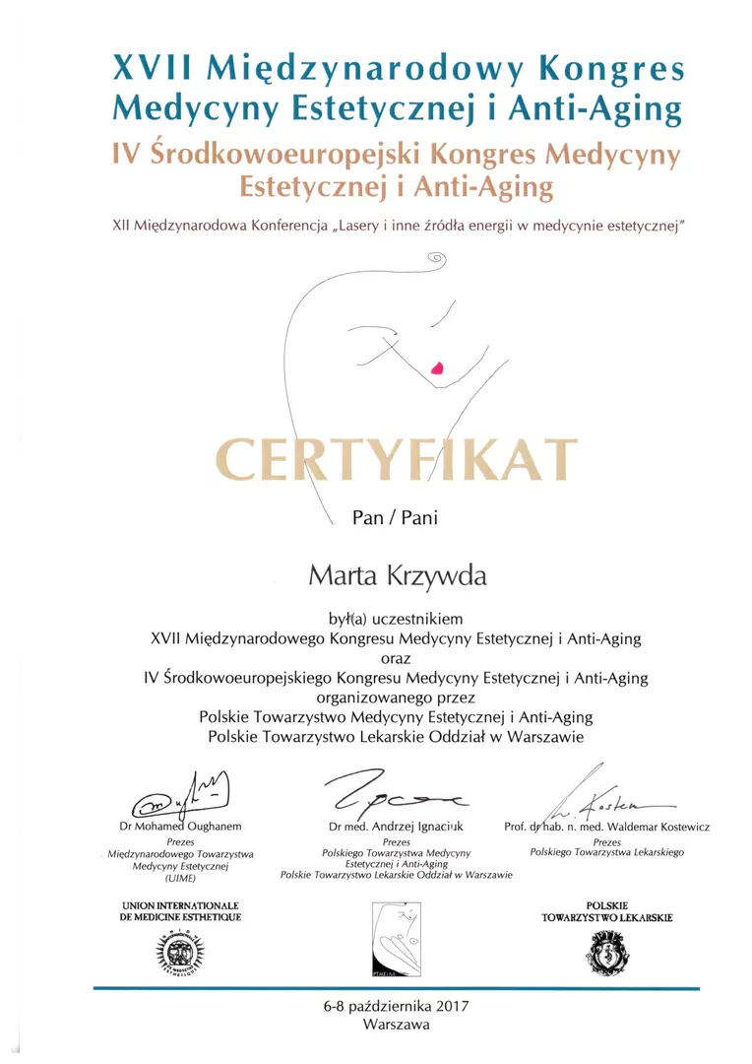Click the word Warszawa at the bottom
point(396,1025)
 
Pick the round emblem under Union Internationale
point(182,950)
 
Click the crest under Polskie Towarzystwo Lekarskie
point(606,951)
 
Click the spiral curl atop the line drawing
point(436,259)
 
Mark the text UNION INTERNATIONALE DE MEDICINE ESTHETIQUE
point(181,910)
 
